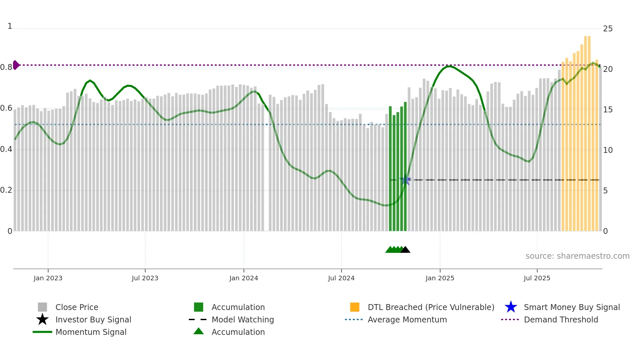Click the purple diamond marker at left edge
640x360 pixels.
coord(16,65)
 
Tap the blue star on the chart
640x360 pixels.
coord(405,180)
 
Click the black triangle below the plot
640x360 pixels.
coord(405,250)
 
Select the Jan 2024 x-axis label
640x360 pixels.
coord(244,278)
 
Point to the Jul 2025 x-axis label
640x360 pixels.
coord(537,278)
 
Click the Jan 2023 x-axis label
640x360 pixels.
coord(48,278)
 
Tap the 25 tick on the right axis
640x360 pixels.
coord(608,29)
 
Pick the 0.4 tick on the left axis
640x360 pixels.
coord(7,149)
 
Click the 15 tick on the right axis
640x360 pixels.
coord(608,110)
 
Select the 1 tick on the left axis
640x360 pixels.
coord(10,26)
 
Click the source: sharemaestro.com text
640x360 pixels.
coord(577,256)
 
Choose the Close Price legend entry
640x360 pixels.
coord(77,307)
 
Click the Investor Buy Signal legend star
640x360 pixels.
coord(42,319)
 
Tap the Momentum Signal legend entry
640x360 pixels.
coord(91,332)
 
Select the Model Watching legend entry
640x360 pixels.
coord(243,319)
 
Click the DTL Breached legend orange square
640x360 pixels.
coord(355,307)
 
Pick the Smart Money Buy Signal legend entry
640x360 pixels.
coord(572,307)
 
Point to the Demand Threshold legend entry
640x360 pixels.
coord(561,319)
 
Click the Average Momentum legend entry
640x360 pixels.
coord(407,319)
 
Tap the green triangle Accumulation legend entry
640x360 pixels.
coord(199,332)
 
